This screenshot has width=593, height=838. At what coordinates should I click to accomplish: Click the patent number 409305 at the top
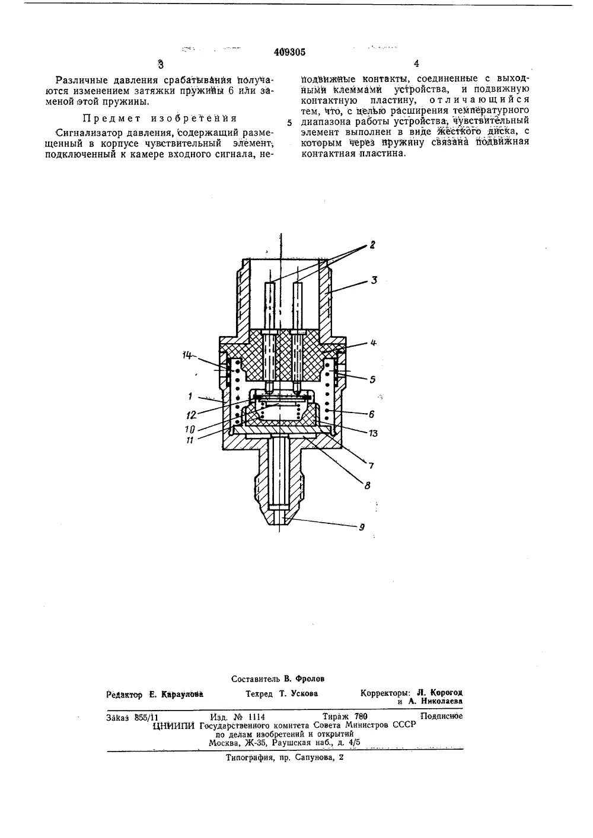coord(289,52)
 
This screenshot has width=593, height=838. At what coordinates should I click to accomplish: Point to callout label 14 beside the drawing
coord(187,356)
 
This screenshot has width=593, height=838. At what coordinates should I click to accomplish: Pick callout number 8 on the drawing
coord(367,485)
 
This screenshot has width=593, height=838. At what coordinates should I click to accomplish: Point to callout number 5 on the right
coord(372,378)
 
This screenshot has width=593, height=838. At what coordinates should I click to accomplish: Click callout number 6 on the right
coord(372,412)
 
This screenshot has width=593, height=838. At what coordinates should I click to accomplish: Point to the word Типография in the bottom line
coord(247,758)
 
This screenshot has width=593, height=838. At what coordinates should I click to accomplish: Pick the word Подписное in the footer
coord(441,715)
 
